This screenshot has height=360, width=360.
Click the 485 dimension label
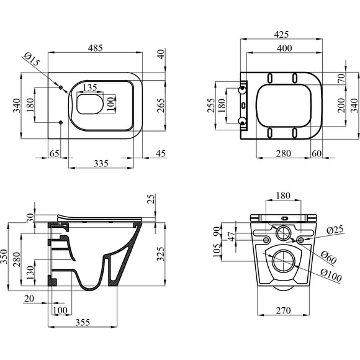96,48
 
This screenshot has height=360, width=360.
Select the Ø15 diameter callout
32,59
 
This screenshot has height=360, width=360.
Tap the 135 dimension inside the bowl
90,88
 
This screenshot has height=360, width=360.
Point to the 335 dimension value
101,163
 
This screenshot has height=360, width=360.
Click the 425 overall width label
281,34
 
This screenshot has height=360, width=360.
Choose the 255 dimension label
211,106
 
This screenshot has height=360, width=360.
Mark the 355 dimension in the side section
83,322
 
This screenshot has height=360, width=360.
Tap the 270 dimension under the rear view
284,310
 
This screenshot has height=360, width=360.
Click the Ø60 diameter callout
328,257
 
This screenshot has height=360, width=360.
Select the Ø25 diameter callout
335,230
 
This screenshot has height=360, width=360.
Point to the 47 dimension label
232,236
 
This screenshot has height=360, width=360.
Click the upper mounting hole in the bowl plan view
61,88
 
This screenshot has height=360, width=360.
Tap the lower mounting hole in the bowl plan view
61,122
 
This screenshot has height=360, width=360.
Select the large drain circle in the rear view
283,261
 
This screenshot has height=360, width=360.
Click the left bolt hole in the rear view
266,240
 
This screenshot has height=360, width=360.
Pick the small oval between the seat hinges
243,106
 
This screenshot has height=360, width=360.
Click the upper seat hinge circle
242,90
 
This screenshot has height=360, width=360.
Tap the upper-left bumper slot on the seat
270,78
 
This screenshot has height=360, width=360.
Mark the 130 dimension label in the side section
30,272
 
